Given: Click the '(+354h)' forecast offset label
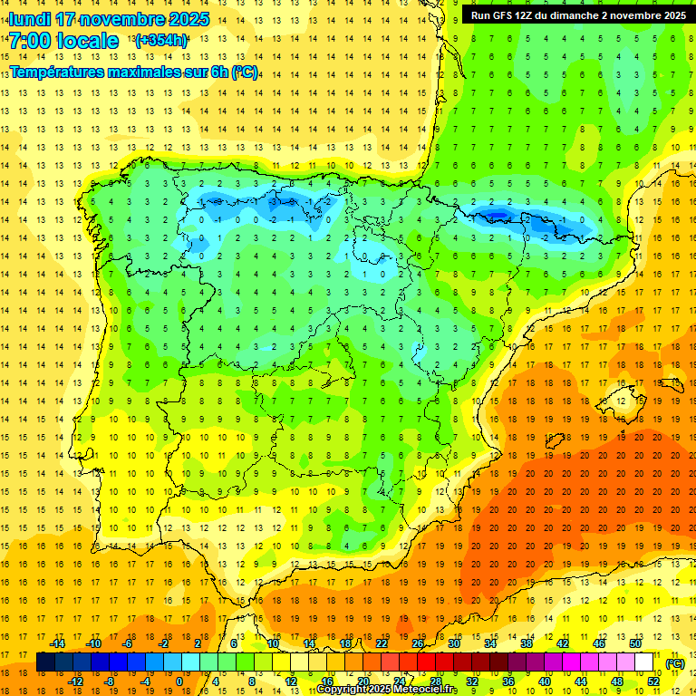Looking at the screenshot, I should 161,40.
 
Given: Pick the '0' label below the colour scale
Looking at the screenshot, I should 179,681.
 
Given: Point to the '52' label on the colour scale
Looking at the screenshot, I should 653,681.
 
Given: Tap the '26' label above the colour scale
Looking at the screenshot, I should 418,643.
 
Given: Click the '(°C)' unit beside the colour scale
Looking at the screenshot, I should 674,663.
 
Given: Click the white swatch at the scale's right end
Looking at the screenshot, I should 644,662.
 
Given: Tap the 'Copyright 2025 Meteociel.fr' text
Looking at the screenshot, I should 387,690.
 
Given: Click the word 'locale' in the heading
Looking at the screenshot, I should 86,41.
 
